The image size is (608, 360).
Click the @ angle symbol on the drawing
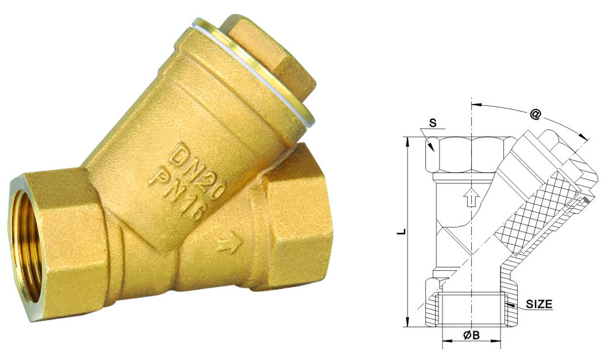(535, 115)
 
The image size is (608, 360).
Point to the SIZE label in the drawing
(540, 305)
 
